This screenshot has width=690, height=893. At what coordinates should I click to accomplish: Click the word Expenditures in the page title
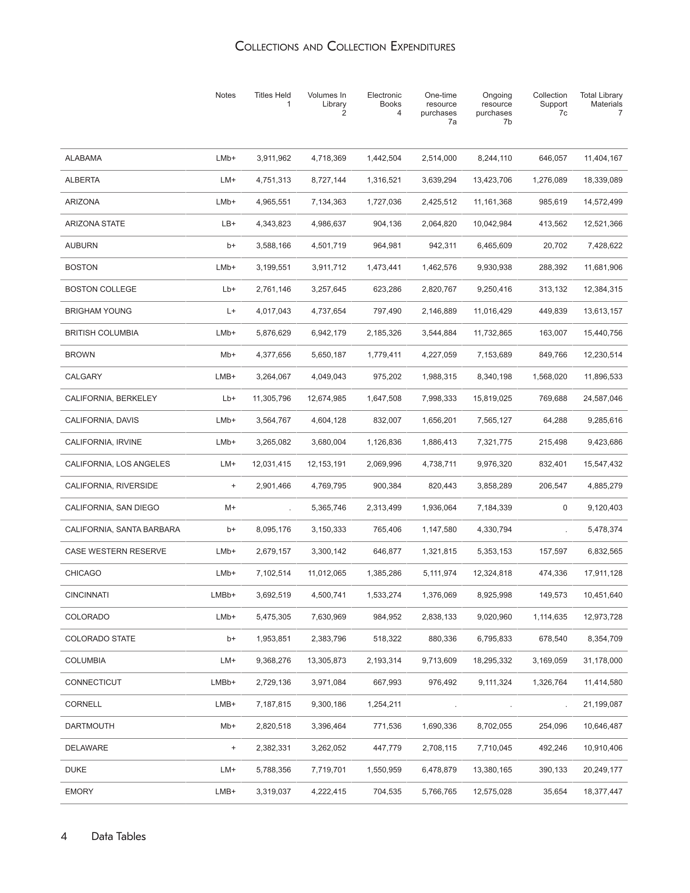click(x=422, y=47)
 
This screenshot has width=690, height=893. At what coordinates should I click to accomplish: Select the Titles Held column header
click(x=272, y=99)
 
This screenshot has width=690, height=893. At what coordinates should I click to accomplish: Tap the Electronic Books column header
click(x=384, y=104)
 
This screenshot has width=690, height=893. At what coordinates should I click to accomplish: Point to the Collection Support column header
click(x=550, y=104)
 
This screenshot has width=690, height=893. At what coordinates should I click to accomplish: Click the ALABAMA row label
click(x=83, y=158)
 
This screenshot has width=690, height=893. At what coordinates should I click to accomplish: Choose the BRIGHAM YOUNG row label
click(x=98, y=311)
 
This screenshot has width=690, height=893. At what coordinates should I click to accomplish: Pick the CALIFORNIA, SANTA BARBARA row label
click(x=122, y=529)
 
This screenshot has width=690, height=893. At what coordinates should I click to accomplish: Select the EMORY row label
click(x=79, y=792)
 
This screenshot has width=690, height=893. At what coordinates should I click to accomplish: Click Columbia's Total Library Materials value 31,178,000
click(x=603, y=661)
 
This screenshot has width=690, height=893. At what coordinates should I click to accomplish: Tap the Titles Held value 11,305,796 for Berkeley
click(x=272, y=399)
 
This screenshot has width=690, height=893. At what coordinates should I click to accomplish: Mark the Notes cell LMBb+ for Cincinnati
click(x=223, y=595)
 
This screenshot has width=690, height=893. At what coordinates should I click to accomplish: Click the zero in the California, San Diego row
click(x=565, y=508)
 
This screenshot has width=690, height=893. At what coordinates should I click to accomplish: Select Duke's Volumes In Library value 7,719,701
click(x=328, y=770)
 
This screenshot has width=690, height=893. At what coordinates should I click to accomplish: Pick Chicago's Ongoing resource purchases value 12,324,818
click(x=492, y=573)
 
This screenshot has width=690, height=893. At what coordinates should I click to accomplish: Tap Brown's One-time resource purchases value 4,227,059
click(x=439, y=355)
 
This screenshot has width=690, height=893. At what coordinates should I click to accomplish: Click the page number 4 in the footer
click(x=64, y=837)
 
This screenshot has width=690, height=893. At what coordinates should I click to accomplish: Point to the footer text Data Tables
click(x=118, y=837)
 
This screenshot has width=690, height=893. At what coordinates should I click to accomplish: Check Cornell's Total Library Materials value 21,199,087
click(x=603, y=704)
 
